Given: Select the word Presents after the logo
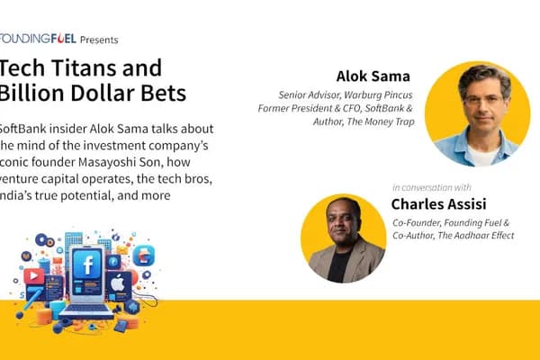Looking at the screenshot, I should click(x=99, y=40).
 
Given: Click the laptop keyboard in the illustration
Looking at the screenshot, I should click(x=85, y=310).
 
